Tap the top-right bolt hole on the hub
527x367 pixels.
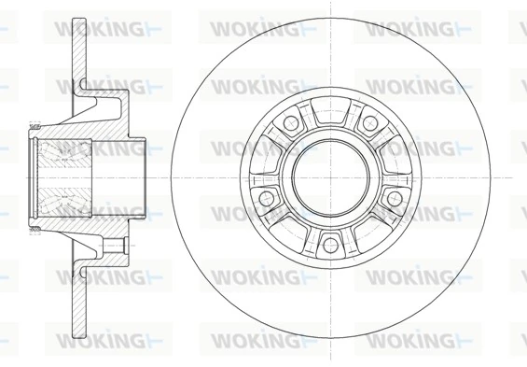tap(370, 123)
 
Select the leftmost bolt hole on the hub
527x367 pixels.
tap(265, 198)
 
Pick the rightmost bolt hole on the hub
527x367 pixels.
tap(395, 198)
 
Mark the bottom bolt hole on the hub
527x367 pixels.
tap(329, 245)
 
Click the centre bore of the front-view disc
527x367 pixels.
tap(329, 176)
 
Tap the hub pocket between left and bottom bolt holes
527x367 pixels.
tap(284, 229)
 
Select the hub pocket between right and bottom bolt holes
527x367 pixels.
tap(373, 229)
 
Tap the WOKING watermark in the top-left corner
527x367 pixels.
tap(105, 28)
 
